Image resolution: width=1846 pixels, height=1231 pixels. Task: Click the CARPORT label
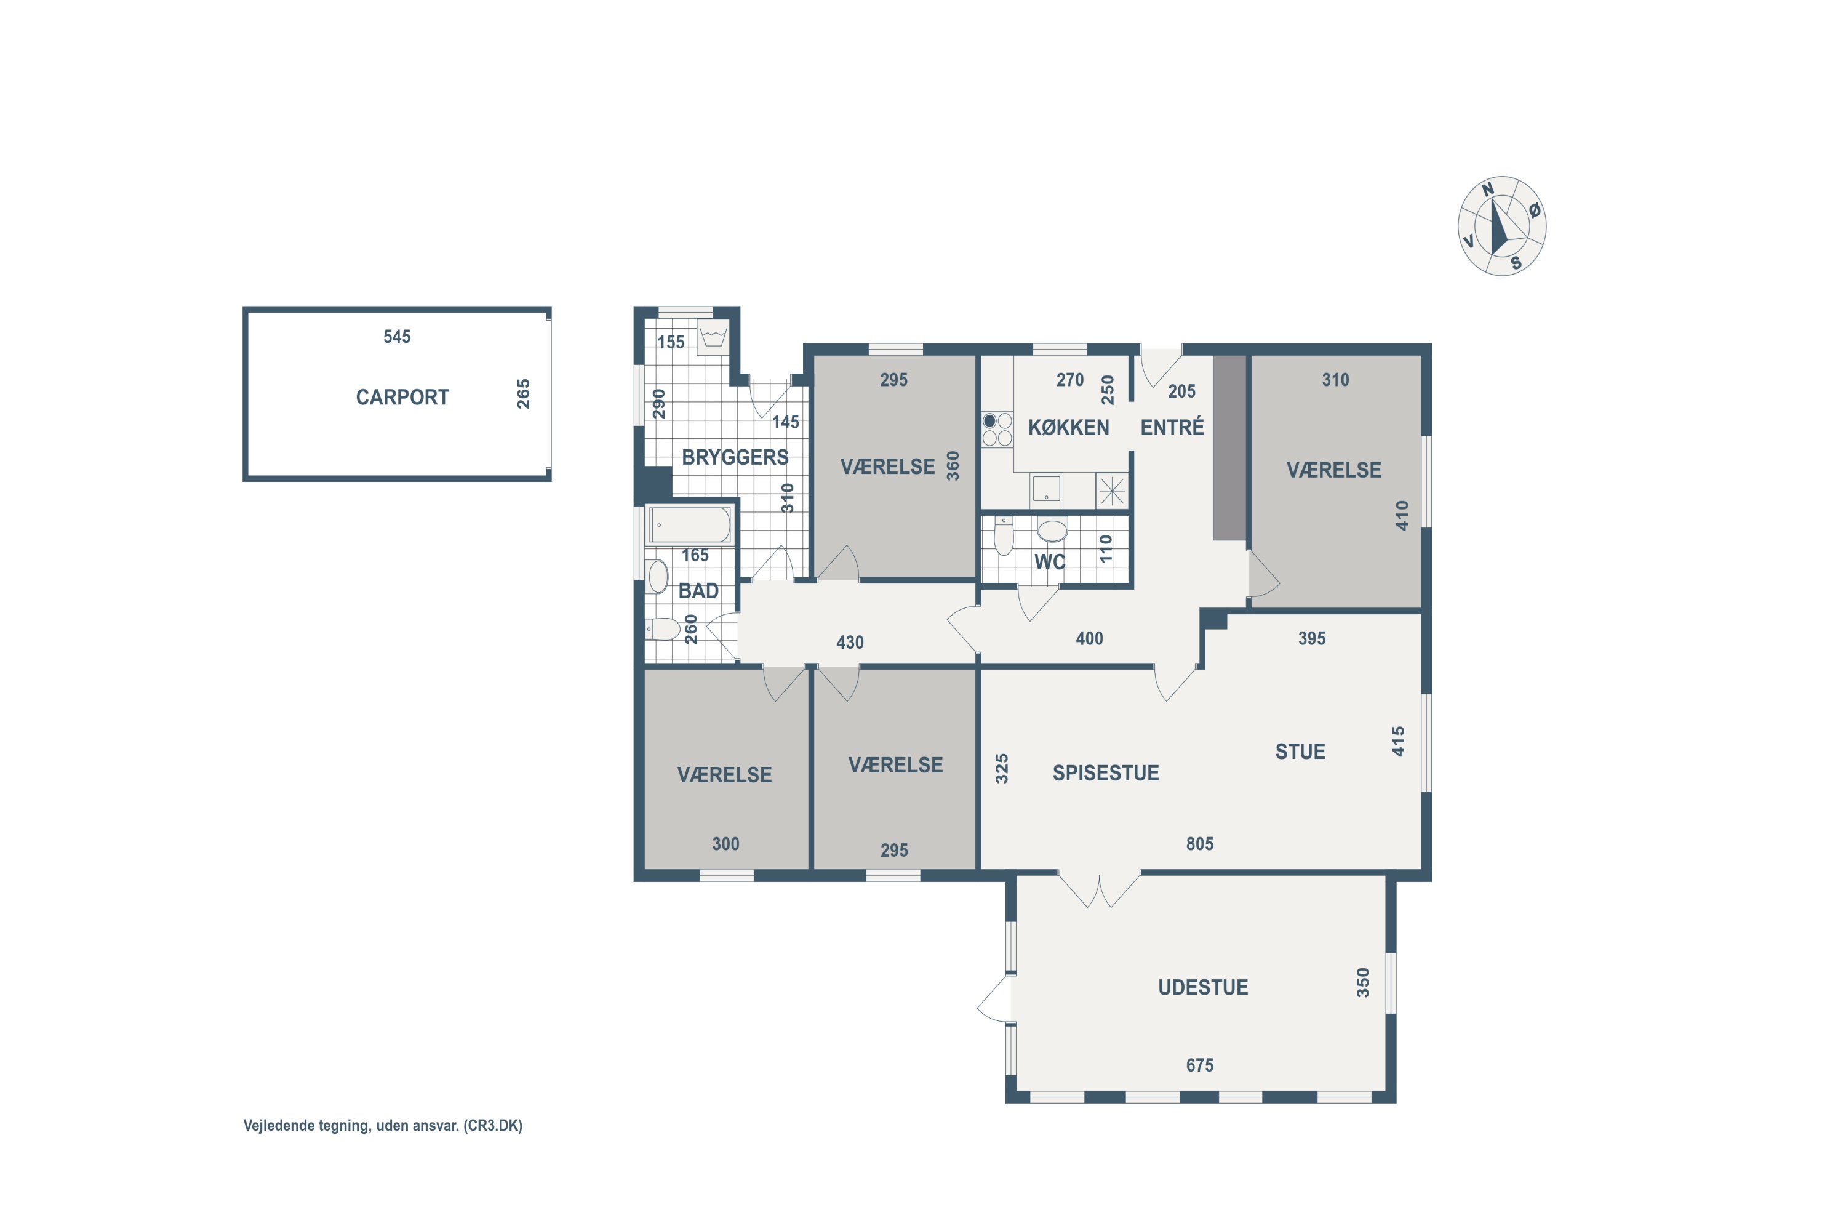click(x=402, y=397)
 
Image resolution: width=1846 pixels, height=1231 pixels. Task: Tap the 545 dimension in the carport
click(x=397, y=337)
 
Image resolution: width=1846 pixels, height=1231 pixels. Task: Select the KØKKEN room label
click(x=1068, y=428)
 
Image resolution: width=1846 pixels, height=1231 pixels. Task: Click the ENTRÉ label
click(x=1172, y=427)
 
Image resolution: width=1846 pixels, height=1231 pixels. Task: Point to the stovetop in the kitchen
click(x=997, y=430)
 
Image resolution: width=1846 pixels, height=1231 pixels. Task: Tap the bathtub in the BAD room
click(x=690, y=525)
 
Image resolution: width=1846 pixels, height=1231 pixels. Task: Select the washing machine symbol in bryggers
click(x=713, y=337)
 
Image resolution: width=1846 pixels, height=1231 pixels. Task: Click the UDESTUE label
click(x=1203, y=988)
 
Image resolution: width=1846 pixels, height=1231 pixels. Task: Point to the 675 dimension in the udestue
click(x=1199, y=1065)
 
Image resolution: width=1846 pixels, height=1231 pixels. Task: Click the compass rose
click(x=1501, y=226)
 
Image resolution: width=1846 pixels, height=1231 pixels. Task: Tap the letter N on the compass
click(x=1487, y=189)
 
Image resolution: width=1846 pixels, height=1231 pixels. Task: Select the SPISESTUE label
click(x=1105, y=773)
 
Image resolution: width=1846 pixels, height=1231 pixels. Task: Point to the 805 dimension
click(x=1199, y=844)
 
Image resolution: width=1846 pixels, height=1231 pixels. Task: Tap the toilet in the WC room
click(x=1004, y=535)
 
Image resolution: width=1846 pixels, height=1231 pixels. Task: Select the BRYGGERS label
click(x=735, y=457)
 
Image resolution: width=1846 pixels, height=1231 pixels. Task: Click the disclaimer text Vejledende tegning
click(x=306, y=1126)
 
